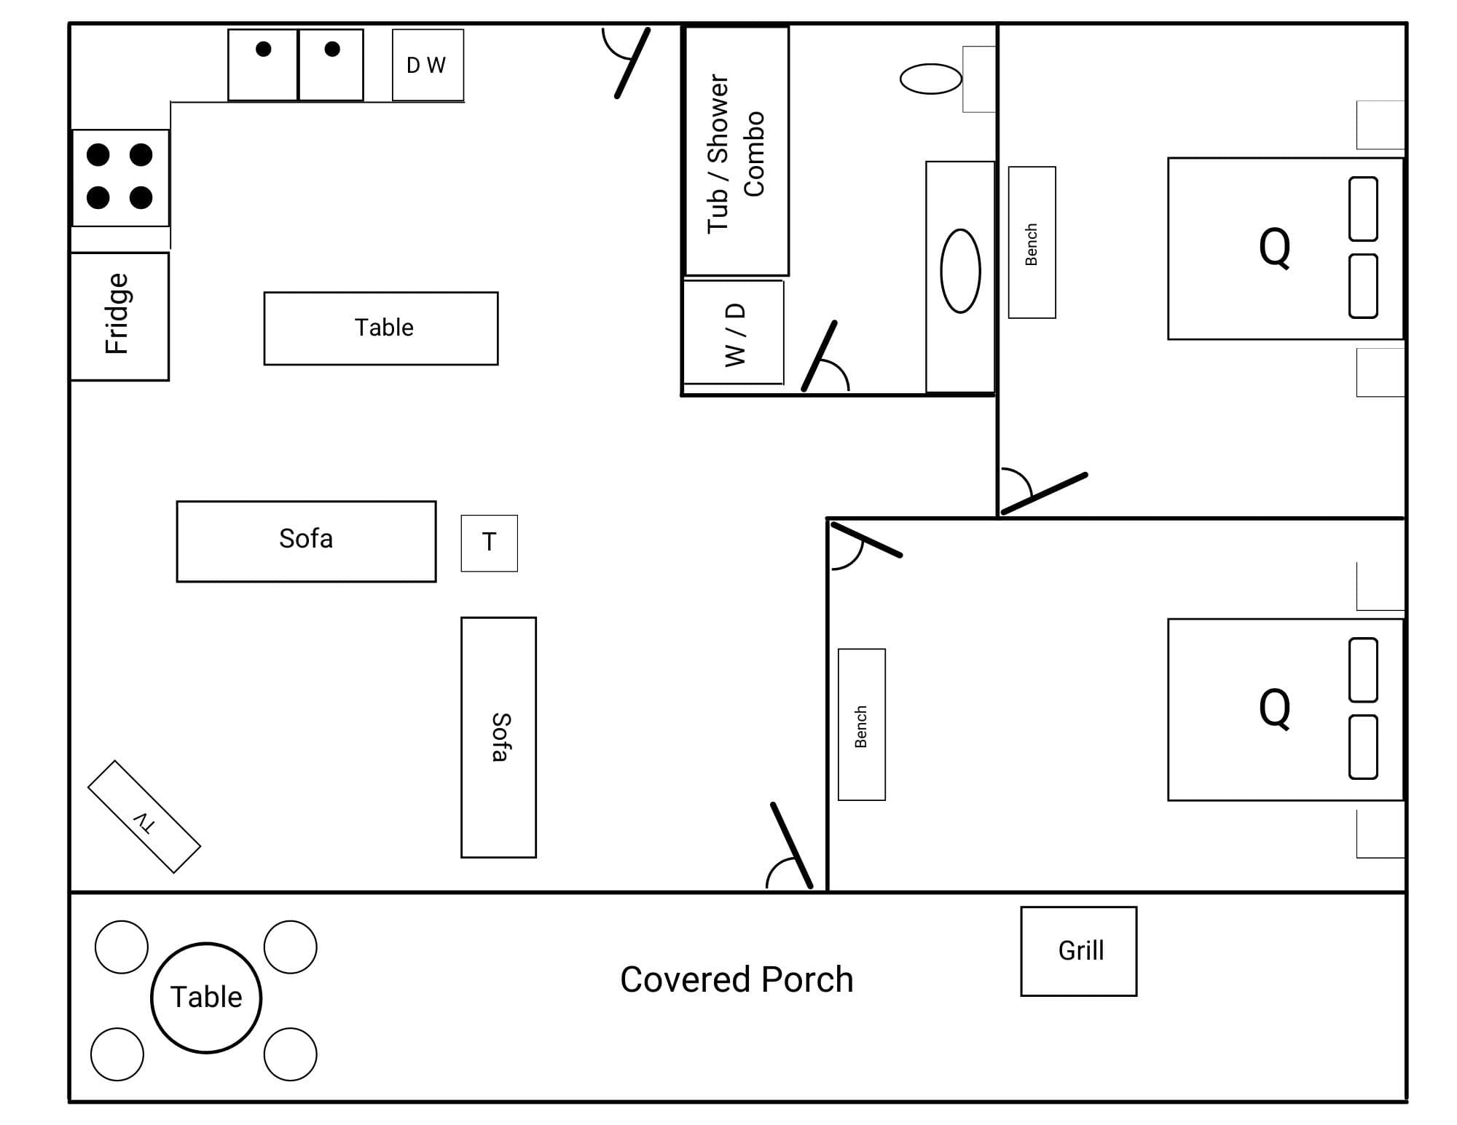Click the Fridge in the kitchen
pyautogui.click(x=119, y=316)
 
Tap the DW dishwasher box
pyautogui.click(x=428, y=65)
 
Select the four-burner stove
pyautogui.click(x=120, y=177)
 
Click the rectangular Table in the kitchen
pyautogui.click(x=381, y=328)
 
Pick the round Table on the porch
pyautogui.click(x=206, y=997)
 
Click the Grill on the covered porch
pyautogui.click(x=1078, y=951)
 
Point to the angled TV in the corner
pyautogui.click(x=144, y=816)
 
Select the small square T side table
pyautogui.click(x=489, y=543)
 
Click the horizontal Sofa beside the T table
pyautogui.click(x=306, y=541)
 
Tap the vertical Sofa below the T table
pyautogui.click(x=498, y=737)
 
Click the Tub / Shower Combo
pyautogui.click(x=737, y=151)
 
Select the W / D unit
pyautogui.click(x=734, y=333)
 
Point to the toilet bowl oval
pyautogui.click(x=930, y=79)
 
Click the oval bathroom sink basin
pyautogui.click(x=960, y=271)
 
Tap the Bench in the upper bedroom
pyautogui.click(x=1032, y=242)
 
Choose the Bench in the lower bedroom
pyautogui.click(x=861, y=725)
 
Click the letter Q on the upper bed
pyautogui.click(x=1274, y=248)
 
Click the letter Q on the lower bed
pyautogui.click(x=1274, y=708)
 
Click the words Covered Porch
pyautogui.click(x=737, y=980)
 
